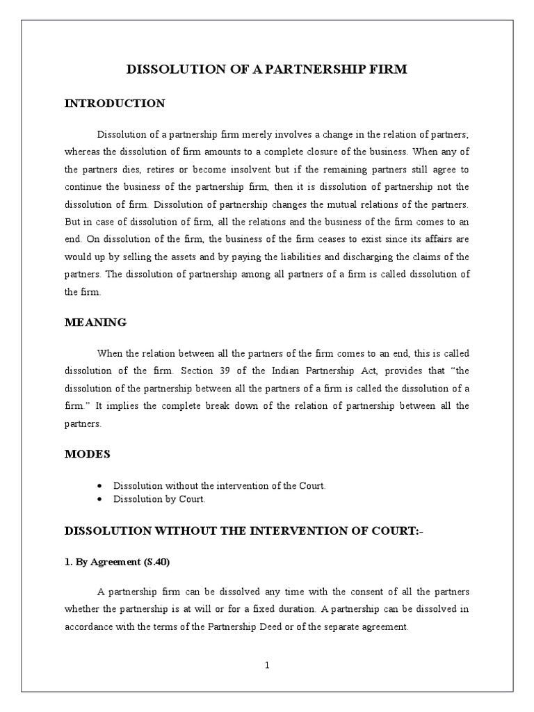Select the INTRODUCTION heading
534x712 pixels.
click(115, 104)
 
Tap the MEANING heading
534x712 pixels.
click(95, 322)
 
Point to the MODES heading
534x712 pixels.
click(87, 454)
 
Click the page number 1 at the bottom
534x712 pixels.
click(266, 665)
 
